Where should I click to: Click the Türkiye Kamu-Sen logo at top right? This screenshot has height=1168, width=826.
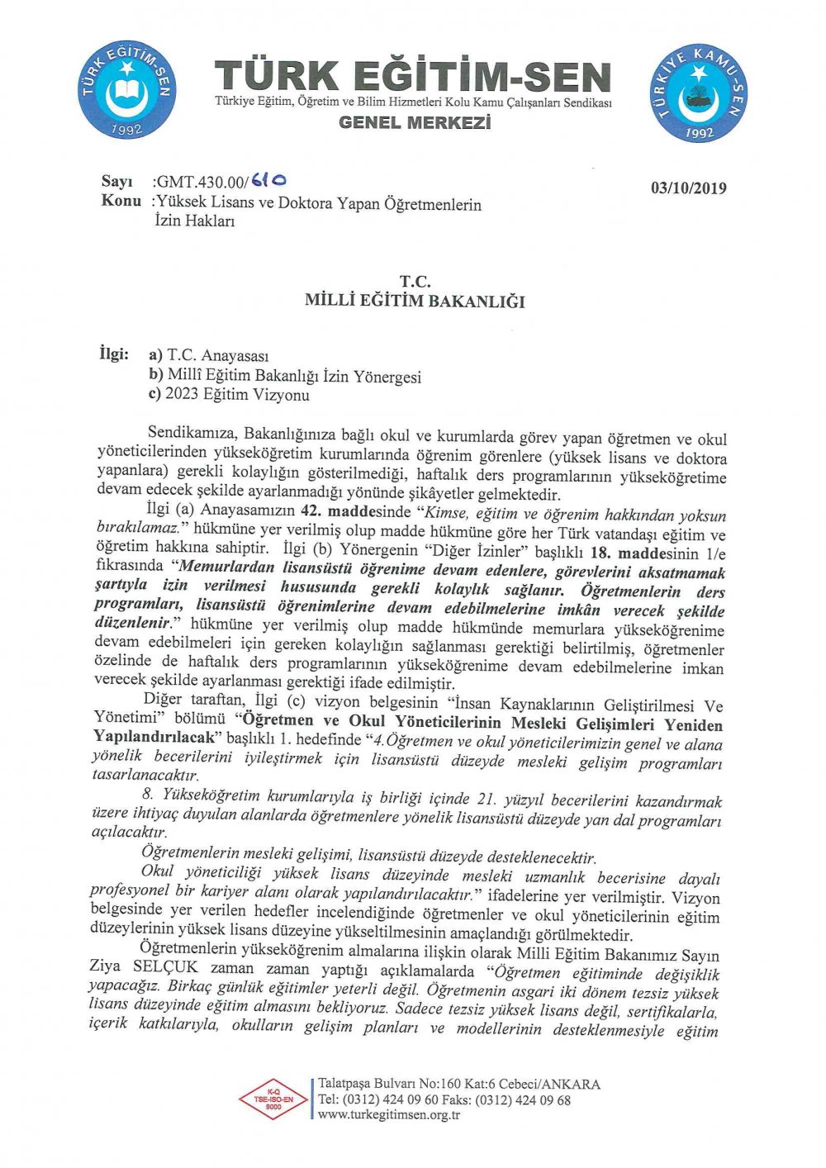700,93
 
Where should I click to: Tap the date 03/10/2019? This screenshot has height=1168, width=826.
688,188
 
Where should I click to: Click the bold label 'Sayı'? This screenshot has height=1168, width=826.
116,182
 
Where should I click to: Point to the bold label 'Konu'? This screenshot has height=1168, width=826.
121,202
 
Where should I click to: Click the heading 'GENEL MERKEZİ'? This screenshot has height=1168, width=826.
415,123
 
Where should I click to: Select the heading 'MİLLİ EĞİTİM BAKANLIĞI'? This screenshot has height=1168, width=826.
415,301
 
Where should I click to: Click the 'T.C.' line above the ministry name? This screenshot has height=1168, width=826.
415,282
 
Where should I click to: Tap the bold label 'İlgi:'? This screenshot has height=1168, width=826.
114,354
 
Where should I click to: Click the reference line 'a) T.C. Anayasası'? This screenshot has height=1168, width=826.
209,356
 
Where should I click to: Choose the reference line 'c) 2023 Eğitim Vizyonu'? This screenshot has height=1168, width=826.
229,395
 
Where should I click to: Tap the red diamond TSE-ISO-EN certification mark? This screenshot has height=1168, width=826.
273,1099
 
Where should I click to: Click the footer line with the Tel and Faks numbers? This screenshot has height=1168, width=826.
444,1099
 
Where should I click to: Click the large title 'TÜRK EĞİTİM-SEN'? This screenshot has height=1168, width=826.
413,77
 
